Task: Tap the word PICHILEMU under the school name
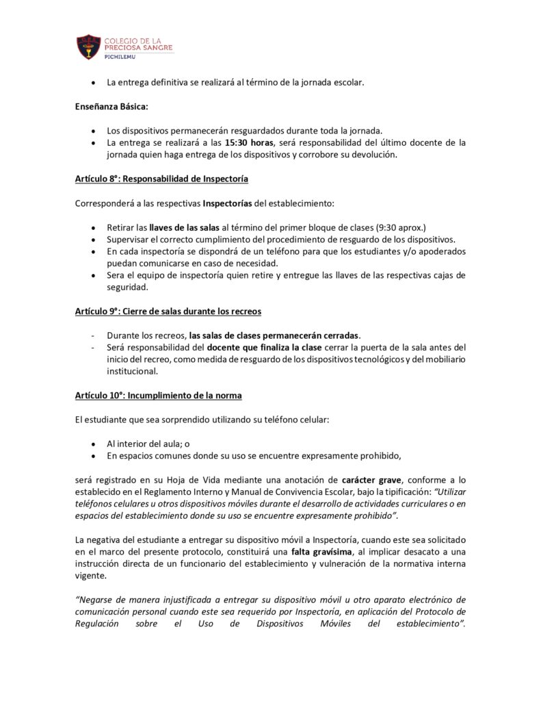[122, 58]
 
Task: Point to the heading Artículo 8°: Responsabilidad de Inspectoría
[161, 179]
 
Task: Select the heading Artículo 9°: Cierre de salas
[168, 311]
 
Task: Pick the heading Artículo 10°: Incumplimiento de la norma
[158, 396]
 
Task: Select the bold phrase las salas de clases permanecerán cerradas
[275, 335]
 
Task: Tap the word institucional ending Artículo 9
[133, 372]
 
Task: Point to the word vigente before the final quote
[91, 576]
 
